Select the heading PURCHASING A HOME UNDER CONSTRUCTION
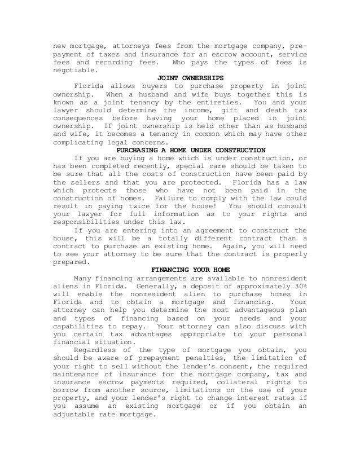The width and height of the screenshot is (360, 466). (190, 150)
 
